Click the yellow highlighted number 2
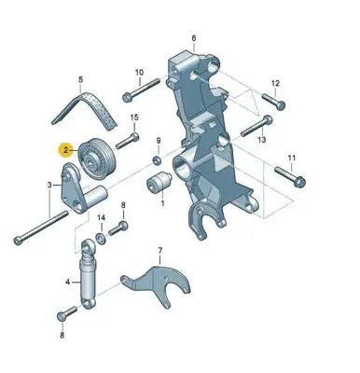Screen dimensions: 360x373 (x=65, y=150)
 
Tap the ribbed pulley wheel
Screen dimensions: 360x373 (x=97, y=158)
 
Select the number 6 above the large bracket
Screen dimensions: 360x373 (x=194, y=38)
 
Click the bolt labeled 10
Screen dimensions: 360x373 (x=142, y=90)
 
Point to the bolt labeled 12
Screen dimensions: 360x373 (x=274, y=102)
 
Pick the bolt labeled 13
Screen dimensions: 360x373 (x=257, y=126)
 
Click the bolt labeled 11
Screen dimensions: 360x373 (x=290, y=177)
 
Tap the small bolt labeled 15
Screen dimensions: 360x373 (x=128, y=141)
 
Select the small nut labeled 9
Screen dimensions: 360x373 (x=157, y=160)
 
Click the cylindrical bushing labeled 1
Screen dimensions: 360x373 (x=159, y=182)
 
